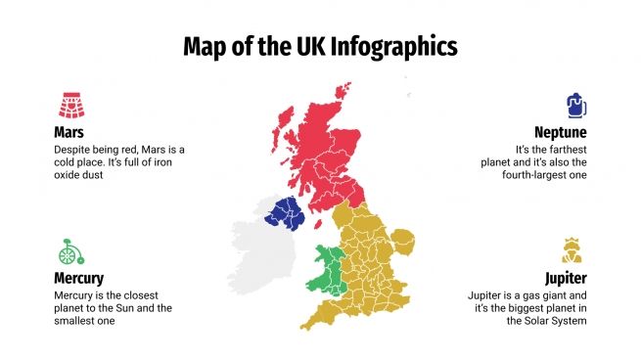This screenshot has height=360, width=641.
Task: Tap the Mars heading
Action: [69, 131]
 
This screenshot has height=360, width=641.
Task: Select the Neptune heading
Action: [560, 131]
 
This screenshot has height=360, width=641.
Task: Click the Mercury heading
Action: [78, 278]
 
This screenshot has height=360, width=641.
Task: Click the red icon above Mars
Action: [69, 105]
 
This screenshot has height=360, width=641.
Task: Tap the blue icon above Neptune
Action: [575, 105]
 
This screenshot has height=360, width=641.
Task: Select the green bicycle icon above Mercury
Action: [67, 251]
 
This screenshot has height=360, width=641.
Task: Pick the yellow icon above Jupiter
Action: [573, 250]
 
